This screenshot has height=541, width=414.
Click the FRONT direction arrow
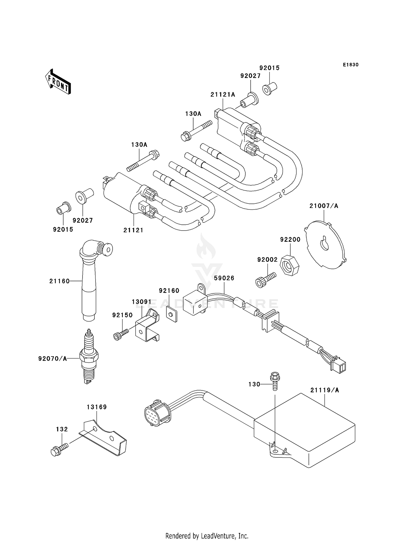click(x=58, y=82)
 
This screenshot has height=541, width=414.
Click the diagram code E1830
click(x=351, y=65)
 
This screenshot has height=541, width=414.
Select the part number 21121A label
click(x=223, y=95)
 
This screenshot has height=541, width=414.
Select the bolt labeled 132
click(x=59, y=450)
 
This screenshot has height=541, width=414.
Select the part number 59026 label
click(x=224, y=278)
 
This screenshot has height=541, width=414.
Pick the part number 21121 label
click(x=133, y=230)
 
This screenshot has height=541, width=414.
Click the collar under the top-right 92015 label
click(x=269, y=88)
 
